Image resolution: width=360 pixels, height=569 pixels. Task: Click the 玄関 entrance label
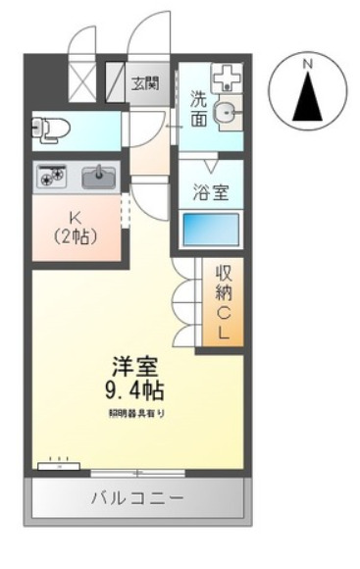pos(145,84)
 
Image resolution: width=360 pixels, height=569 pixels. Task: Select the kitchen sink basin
pos(99,178)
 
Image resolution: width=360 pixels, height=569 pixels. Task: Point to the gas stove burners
pos(53,176)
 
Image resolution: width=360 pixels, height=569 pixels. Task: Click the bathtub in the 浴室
pos(211,230)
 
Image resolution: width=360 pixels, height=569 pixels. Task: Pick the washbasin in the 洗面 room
pos(228,113)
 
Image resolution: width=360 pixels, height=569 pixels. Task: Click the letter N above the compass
pos(308,65)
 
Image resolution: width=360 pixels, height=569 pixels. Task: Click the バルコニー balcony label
pos(137,498)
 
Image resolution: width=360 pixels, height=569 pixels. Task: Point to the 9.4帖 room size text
pos(134,390)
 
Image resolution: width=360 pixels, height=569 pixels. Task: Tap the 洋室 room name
pos(135,367)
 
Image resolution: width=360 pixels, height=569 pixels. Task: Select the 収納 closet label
pos(224,284)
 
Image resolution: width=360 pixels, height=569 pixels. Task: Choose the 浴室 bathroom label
pos(211,192)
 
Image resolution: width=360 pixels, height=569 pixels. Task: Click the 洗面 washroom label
pos(199,109)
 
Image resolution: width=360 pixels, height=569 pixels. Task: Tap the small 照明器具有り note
pos(136,413)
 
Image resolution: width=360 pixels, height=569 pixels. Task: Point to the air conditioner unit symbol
pos(59,465)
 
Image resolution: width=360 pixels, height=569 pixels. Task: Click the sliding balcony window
pos(137,473)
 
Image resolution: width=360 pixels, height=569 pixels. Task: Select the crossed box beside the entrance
pos(82,83)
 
